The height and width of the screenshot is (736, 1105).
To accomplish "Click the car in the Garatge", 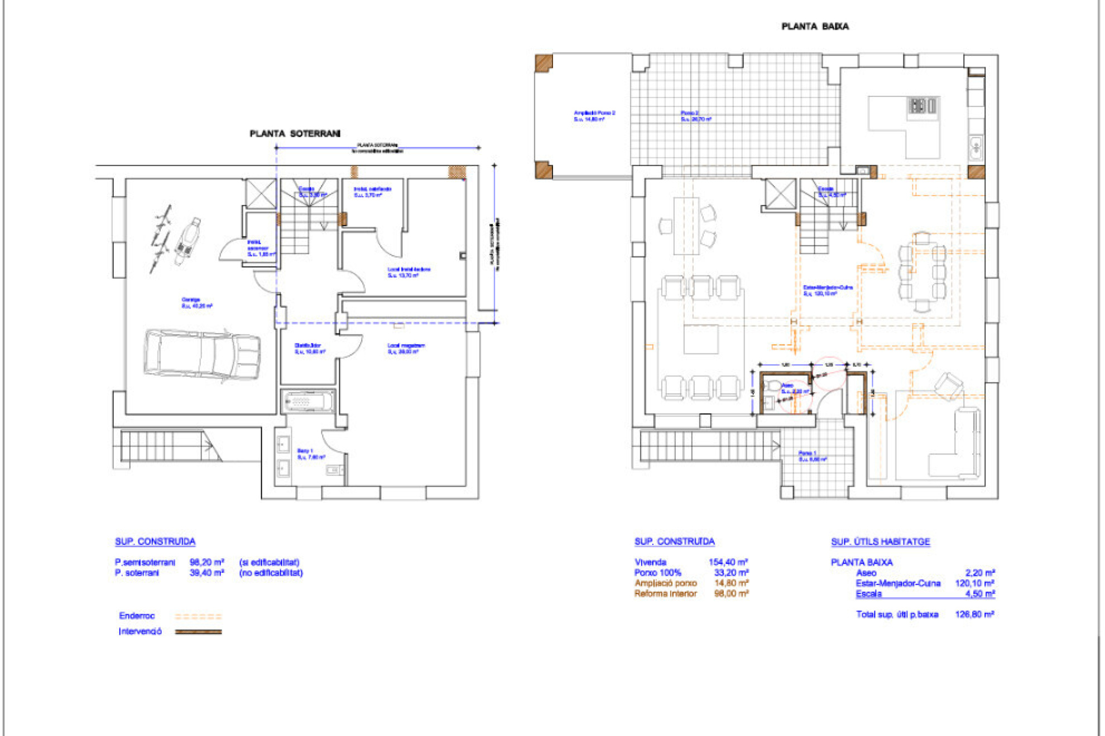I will pos(201,355).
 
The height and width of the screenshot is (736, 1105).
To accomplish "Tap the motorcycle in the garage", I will pos(188,241).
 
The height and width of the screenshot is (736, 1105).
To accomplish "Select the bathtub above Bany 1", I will pos(308,401).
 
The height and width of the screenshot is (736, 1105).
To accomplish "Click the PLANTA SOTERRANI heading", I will pos(295,134).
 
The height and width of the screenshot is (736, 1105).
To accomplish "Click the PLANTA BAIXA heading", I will pos(815,26).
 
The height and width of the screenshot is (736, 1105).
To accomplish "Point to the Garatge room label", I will pos(196,303).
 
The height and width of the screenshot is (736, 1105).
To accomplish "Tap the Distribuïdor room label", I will pos(309,348).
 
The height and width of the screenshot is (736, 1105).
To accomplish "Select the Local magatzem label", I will pos(406,348).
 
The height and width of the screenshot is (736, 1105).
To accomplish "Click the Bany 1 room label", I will pos(311,453).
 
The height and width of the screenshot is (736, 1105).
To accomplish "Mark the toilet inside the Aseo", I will pos(773,386).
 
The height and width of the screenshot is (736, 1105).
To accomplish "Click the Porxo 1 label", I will pos(812,456).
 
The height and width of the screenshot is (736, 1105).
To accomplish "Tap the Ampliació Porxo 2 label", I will pos(594,116).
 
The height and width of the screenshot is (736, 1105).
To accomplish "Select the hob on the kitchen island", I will pos(923,105).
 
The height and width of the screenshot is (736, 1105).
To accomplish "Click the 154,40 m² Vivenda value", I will pos(728,562).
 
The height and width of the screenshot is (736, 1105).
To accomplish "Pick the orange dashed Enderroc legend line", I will pos(198,617).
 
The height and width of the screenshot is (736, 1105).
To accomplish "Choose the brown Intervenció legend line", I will pos(198,632).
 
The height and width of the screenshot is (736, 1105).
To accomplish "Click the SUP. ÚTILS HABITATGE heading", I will pos(880,541).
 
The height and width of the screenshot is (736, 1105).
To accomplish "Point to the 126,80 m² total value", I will pos(974,614).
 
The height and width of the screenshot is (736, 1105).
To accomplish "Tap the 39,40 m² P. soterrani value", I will pos(206,573).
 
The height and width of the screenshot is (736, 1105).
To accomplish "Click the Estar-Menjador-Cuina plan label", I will pos(828,290).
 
